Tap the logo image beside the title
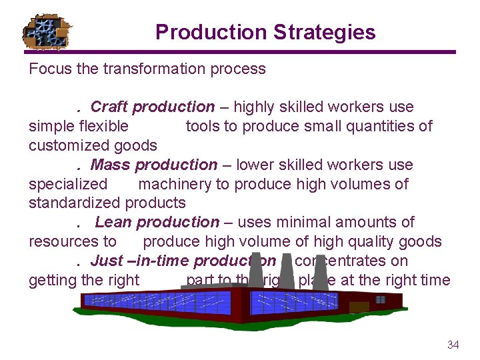pos(47,31)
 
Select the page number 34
pos(453,345)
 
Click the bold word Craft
pos(109,107)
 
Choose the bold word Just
pos(107,261)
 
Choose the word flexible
pos(103,126)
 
